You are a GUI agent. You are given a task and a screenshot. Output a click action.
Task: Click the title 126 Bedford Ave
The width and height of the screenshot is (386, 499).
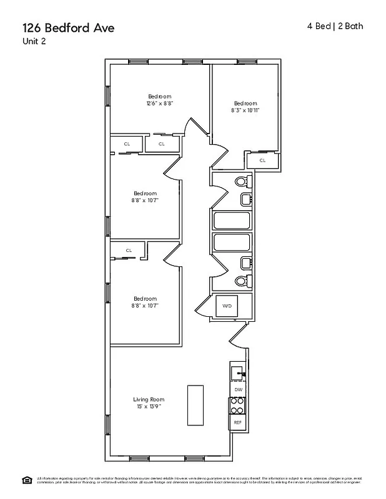tap(69, 27)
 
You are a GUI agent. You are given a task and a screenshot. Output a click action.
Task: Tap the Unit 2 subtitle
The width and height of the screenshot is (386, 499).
tap(34, 42)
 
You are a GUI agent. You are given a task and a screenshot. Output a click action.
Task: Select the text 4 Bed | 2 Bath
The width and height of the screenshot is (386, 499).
tap(335, 26)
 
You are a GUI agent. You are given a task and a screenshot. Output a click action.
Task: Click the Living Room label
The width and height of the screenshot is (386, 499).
tap(149, 399)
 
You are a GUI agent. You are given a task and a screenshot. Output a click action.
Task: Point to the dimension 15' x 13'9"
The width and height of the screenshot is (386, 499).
tap(149, 407)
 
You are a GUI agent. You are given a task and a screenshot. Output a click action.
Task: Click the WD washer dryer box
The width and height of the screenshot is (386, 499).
tap(227, 306)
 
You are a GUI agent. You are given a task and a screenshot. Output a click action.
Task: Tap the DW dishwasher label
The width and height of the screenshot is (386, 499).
tap(237, 389)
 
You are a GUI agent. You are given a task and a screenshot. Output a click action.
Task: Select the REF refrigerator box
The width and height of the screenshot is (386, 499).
tap(237, 422)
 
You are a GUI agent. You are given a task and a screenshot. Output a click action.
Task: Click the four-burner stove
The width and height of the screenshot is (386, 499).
tap(237, 406)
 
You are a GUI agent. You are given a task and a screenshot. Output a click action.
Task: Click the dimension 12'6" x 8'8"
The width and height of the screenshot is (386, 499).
tap(159, 104)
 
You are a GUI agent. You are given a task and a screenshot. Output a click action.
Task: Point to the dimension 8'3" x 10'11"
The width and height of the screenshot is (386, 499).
tap(245, 110)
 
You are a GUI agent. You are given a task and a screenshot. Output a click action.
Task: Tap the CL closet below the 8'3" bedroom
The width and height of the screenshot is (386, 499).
tap(262, 160)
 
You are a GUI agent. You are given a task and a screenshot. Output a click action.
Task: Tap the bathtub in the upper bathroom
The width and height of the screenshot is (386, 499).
tap(232, 221)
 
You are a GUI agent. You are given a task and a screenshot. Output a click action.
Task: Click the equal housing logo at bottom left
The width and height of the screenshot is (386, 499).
tap(27, 479)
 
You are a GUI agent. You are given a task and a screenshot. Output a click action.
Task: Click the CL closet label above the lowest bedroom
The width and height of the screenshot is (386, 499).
tap(129, 250)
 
